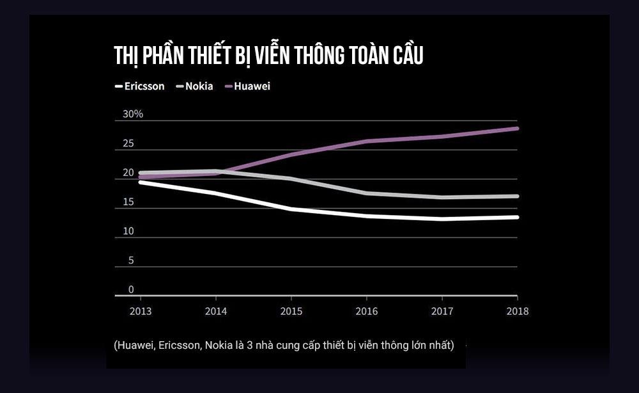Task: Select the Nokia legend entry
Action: (198, 86)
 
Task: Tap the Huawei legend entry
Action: (251, 86)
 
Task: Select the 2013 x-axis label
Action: (140, 311)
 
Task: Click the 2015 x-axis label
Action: (291, 311)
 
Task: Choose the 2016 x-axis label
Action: (366, 311)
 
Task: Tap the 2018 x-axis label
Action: (517, 311)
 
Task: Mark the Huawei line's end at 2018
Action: (516, 129)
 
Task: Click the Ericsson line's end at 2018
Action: (516, 217)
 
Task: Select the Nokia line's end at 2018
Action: (516, 196)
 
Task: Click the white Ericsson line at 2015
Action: (291, 209)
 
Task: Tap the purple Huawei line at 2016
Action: (366, 141)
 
